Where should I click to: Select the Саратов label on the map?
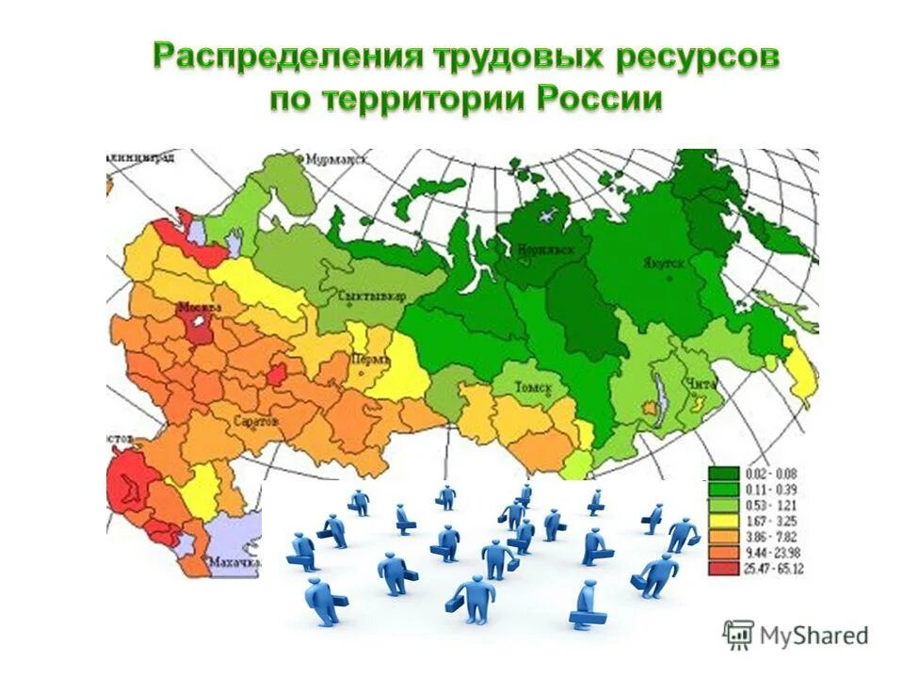coord(255,421)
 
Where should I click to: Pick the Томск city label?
coord(534,388)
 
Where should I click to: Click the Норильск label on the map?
coord(539,250)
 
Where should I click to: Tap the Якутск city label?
coord(664,265)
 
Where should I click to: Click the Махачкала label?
coord(234,562)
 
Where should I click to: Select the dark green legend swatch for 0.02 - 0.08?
coord(723,473)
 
